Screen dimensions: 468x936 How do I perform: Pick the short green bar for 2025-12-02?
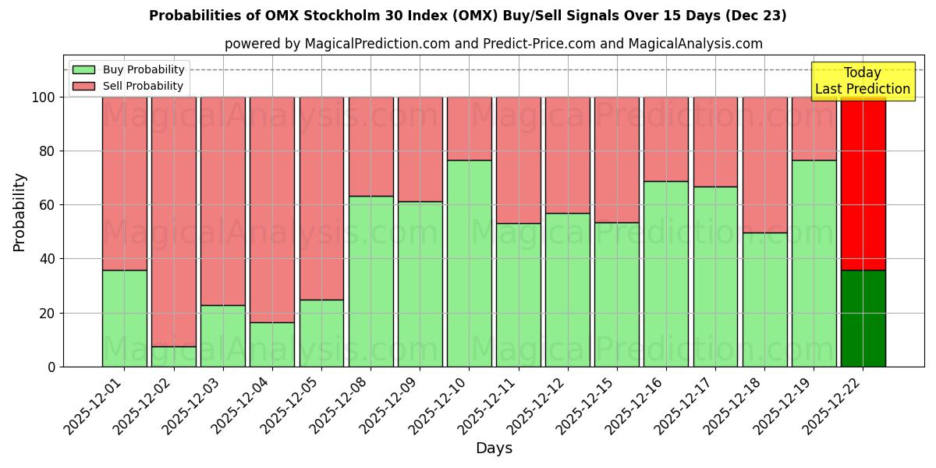tap(173, 356)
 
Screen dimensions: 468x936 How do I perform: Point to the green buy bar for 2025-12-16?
tap(666, 274)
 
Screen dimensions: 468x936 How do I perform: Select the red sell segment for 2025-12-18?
tap(764, 165)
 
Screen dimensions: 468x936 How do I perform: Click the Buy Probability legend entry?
tap(129, 69)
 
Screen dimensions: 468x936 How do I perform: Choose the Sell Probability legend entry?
tap(129, 86)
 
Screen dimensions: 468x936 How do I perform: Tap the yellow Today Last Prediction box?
tap(863, 81)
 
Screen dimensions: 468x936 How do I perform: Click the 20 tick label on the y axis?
tap(46, 313)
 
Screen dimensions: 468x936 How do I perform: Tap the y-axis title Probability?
tap(19, 211)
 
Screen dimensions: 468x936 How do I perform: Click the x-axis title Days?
tap(494, 448)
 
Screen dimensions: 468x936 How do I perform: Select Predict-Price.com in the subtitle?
tap(526, 44)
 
